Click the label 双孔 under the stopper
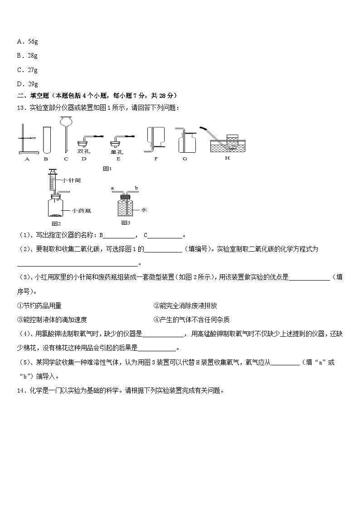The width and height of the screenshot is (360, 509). [83, 151]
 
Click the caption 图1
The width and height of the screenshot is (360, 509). [107, 169]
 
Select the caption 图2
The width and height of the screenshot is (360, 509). [56, 223]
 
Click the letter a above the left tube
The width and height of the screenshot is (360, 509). [112, 187]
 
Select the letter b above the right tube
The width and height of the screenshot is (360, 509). [136, 187]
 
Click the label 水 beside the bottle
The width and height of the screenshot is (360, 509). [144, 210]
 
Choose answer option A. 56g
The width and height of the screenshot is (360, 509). [27, 41]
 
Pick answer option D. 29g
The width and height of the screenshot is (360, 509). [27, 84]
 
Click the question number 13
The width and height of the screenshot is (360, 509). [21, 107]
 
